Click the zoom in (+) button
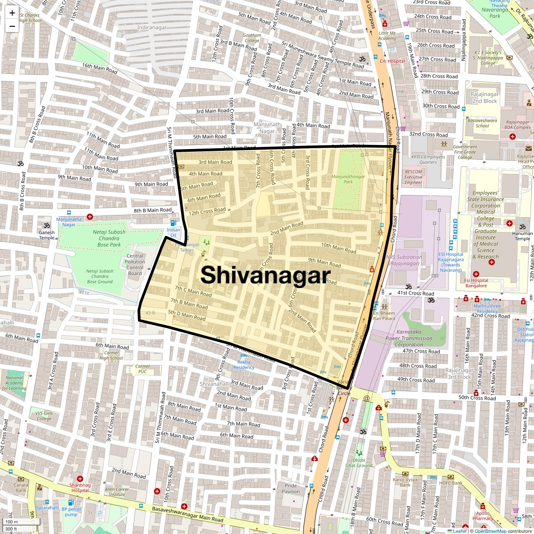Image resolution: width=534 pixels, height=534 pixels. click(12, 13)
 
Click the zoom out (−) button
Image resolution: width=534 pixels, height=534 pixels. click(12, 26)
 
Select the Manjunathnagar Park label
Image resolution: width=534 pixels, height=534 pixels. click(348, 179)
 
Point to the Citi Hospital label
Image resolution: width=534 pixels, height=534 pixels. click(392, 61)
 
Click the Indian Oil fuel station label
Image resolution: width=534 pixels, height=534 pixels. click(173, 232)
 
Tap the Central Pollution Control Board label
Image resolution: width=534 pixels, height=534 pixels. click(135, 265)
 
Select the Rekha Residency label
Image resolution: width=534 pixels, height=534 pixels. click(244, 364)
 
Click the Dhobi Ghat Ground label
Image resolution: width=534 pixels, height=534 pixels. click(359, 463)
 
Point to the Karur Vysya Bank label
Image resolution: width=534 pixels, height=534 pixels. click(405, 482)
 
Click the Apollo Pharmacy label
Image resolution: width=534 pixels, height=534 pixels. click(483, 515)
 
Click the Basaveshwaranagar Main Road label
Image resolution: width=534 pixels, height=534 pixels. click(187, 514)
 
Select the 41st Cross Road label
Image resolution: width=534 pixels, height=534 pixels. click(415, 293)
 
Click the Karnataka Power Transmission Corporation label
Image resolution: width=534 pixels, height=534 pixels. click(409, 338)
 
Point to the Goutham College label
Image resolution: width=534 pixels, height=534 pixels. click(252, 38)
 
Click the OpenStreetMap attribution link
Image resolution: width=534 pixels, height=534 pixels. click(490, 531)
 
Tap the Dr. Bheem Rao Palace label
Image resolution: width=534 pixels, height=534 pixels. click(384, 316)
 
